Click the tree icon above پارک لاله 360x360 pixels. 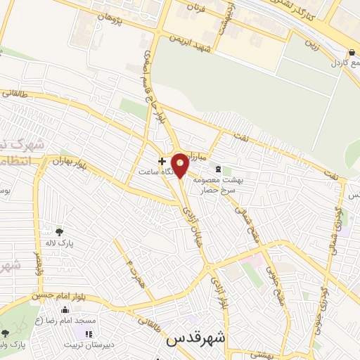pos(59,231)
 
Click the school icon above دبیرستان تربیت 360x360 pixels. pos(89,333)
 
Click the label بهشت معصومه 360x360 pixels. pos(239,179)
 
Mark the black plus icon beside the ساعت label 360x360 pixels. pos(162,161)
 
